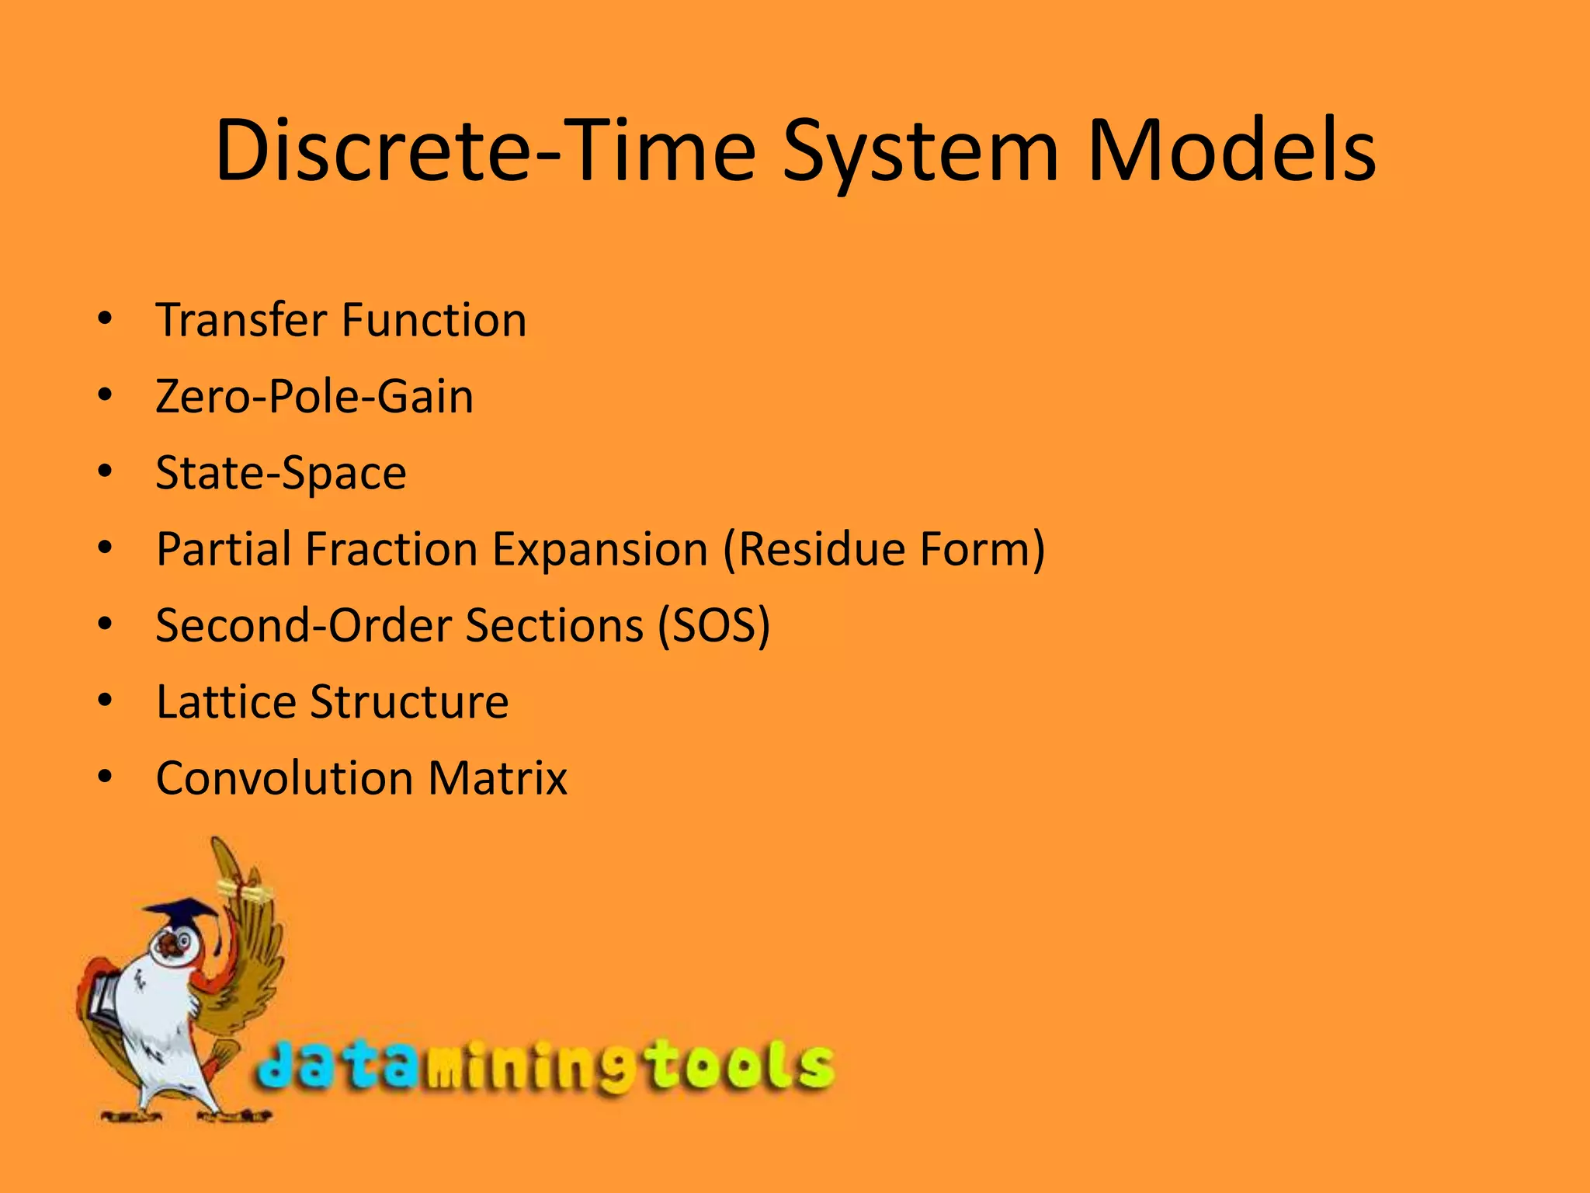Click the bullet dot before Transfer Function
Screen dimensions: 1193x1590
click(x=106, y=318)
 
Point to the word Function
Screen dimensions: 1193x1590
click(x=434, y=320)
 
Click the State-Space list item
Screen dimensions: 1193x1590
click(x=281, y=472)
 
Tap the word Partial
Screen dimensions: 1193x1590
click(x=224, y=549)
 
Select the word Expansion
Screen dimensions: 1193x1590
click(x=600, y=549)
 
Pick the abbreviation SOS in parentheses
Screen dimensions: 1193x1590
click(x=714, y=625)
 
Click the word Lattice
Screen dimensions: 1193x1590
click(x=226, y=701)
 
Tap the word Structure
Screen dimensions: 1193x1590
click(x=409, y=701)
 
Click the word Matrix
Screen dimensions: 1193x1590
click(x=498, y=777)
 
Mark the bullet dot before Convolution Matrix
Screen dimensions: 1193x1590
click(x=106, y=777)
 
